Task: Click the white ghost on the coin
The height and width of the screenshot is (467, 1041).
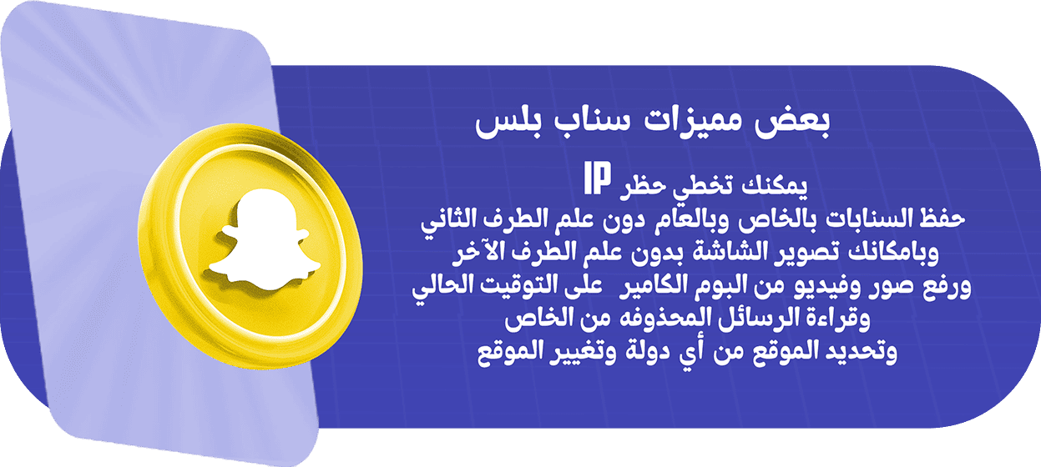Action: tap(265, 240)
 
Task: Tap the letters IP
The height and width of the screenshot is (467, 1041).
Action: tap(597, 178)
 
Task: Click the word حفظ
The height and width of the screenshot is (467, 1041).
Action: tap(942, 218)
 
